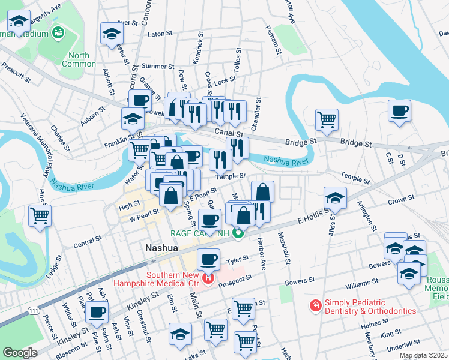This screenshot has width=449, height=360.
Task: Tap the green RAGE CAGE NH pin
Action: click(x=238, y=234)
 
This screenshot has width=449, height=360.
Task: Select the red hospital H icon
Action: click(x=208, y=278)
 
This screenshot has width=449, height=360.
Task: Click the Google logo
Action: click(x=20, y=353)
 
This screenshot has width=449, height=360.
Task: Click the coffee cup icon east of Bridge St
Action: click(x=399, y=110)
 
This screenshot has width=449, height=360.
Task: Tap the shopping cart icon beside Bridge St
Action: click(x=327, y=118)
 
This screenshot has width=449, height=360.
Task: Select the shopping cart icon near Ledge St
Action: click(x=40, y=214)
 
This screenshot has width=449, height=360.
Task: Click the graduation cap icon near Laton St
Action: click(x=111, y=33)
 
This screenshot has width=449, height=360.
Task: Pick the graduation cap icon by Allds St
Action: click(x=335, y=197)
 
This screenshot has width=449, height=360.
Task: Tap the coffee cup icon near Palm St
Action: click(x=97, y=311)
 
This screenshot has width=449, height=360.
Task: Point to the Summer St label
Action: click(x=157, y=67)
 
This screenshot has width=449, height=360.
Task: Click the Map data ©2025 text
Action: click(x=423, y=355)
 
